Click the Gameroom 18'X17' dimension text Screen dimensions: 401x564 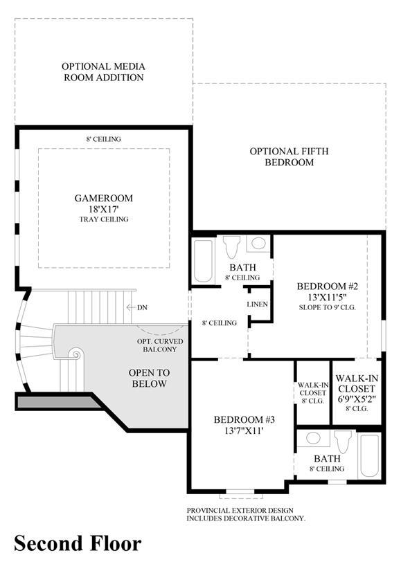[x=104, y=209]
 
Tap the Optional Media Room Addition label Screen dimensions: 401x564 [x=104, y=72]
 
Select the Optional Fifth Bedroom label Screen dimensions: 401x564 [x=289, y=156]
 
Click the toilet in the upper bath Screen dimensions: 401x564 [x=231, y=246]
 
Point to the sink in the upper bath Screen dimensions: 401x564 [x=258, y=244]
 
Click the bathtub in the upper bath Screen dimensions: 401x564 [x=204, y=260]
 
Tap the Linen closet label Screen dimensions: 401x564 [x=257, y=304]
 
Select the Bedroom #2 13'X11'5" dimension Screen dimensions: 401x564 [x=327, y=298]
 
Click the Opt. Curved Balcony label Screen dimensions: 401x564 [x=160, y=345]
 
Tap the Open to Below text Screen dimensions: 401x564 [x=149, y=378]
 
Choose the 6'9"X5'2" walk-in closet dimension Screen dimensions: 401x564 [x=357, y=399]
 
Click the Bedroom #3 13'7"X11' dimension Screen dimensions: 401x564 [x=244, y=430]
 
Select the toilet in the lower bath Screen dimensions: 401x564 [x=342, y=442]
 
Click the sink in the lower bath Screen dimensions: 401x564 [x=314, y=439]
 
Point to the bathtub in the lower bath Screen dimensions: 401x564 [x=370, y=456]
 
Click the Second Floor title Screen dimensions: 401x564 [x=78, y=543]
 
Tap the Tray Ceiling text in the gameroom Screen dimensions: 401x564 [x=104, y=219]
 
